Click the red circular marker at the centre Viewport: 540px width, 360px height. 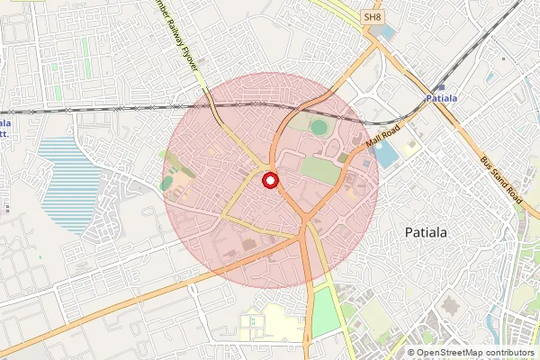270,181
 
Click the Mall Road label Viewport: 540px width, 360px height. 382,139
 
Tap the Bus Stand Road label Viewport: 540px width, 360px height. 500,179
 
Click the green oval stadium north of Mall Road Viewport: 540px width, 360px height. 319,127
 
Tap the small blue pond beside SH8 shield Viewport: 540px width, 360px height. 385,32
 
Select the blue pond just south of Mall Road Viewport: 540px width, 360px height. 385,155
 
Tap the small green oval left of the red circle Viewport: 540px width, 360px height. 167,183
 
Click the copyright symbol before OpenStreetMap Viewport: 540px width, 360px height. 411,353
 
